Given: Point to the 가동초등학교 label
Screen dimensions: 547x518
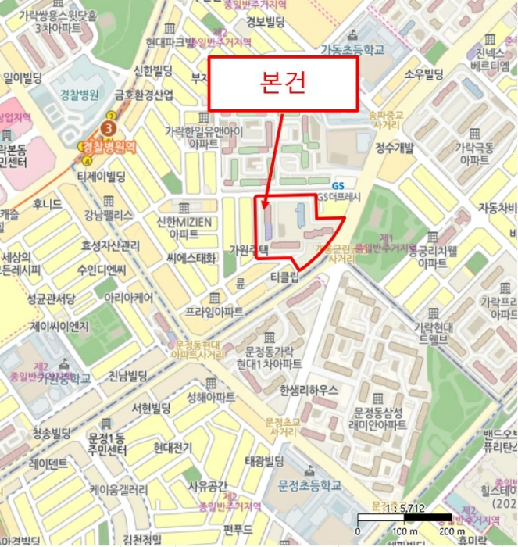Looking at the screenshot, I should pos(353,49).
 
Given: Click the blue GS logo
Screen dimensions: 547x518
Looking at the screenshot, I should pos(338,185).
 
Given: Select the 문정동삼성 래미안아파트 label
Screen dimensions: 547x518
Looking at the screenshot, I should pos(380,419).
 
